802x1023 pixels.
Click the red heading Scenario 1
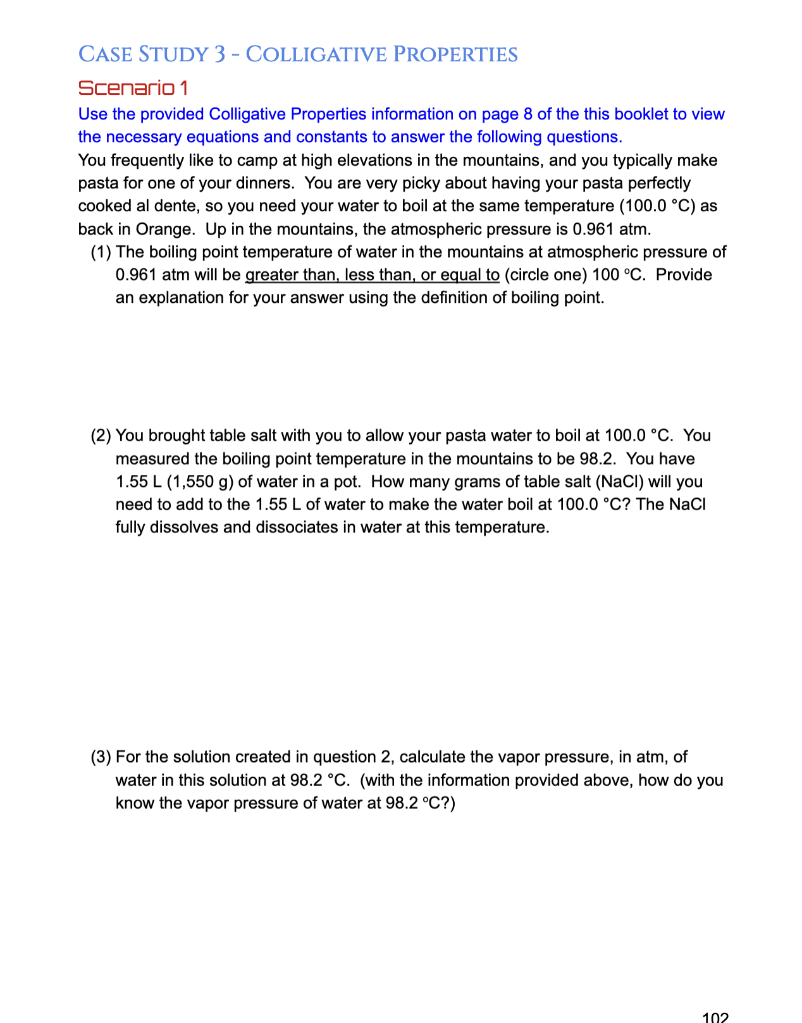[133, 88]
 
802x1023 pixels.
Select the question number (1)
[101, 252]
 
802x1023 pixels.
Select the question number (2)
[101, 436]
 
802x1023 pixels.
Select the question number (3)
[101, 757]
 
